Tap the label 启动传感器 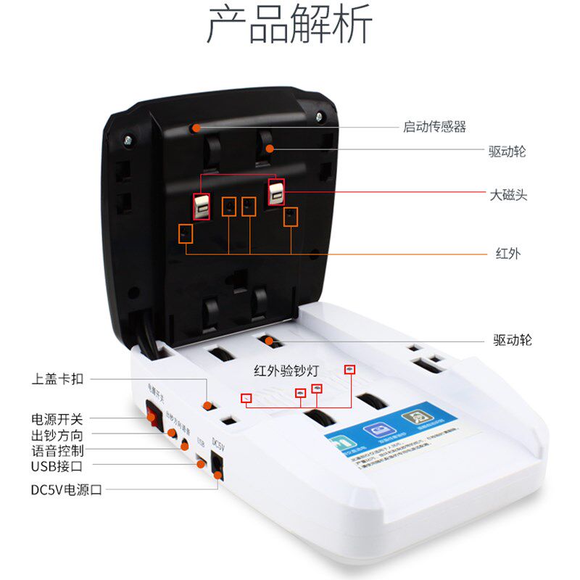tap(434, 127)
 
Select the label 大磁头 tap(507, 194)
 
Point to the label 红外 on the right tap(507, 253)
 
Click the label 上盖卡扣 tap(57, 378)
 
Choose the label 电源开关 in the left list tap(57, 419)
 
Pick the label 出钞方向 tap(57, 435)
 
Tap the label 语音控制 tap(57, 450)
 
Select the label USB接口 tap(57, 466)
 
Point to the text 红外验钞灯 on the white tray tap(287, 370)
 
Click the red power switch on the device tap(152, 415)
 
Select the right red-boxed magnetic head tap(276, 191)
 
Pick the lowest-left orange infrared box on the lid tap(186, 233)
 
